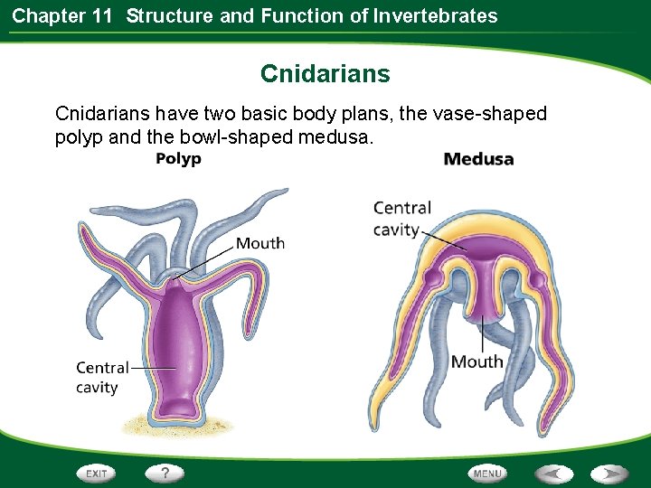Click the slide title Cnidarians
point(325,73)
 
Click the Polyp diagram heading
point(178,159)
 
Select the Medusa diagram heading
point(478,160)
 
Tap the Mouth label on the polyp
point(260,243)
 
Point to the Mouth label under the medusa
point(476,361)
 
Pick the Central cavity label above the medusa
point(401,219)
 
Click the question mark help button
point(165,473)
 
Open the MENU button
point(486,473)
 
